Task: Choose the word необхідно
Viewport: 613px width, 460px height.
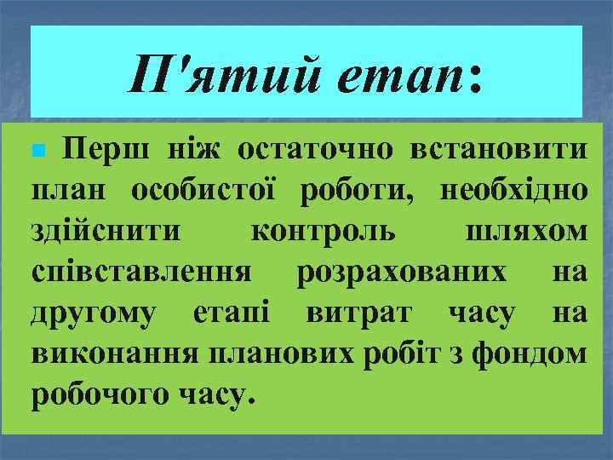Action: point(513,191)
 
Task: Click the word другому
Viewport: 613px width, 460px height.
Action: point(92,313)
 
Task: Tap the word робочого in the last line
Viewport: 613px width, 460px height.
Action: point(94,394)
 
